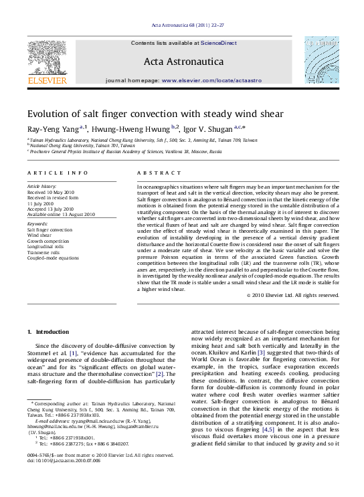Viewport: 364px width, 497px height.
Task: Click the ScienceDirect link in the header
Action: click(219, 43)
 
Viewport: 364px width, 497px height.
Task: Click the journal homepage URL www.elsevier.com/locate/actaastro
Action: click(211, 80)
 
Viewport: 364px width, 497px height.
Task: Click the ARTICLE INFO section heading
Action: click(58, 173)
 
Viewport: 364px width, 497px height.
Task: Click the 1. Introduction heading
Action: click(47, 332)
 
